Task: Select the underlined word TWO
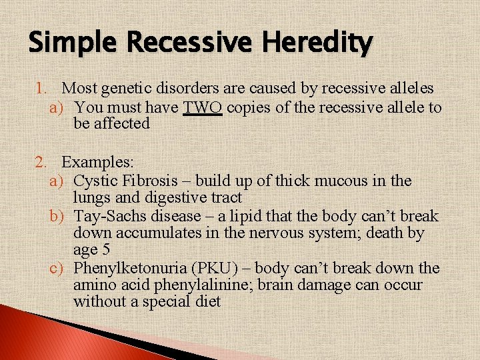click(202, 107)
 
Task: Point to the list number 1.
click(42, 88)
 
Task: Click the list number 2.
click(42, 162)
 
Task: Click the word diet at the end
click(207, 302)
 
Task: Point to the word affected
click(123, 124)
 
